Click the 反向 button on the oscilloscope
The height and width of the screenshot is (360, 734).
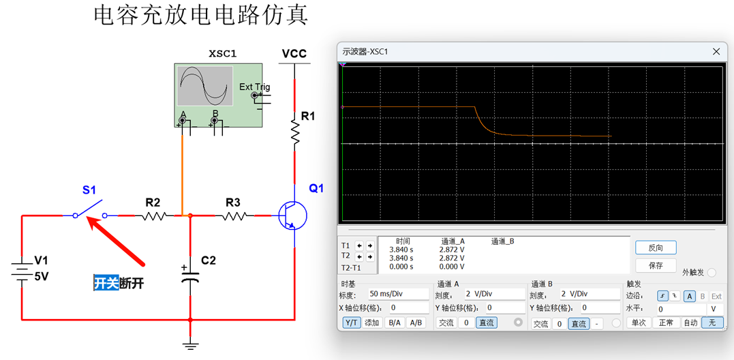coord(656,247)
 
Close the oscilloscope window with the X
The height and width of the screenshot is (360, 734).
coord(716,52)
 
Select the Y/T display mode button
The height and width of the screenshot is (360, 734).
coord(351,322)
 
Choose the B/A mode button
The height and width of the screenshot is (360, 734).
coord(395,322)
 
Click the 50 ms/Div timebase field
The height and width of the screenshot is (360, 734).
coord(398,294)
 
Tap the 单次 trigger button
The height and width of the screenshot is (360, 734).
coord(638,322)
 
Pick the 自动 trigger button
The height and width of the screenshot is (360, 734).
coord(690,322)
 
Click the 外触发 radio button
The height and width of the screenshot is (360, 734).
coord(712,272)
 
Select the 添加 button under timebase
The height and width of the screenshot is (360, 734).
coord(372,322)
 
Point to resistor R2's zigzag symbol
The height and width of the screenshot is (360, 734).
coord(155,215)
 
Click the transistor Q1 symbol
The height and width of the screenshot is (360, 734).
coord(292,215)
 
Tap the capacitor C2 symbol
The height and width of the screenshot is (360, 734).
coord(190,277)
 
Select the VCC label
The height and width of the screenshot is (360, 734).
coord(294,54)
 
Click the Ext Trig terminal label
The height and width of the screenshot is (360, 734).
coord(254,87)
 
